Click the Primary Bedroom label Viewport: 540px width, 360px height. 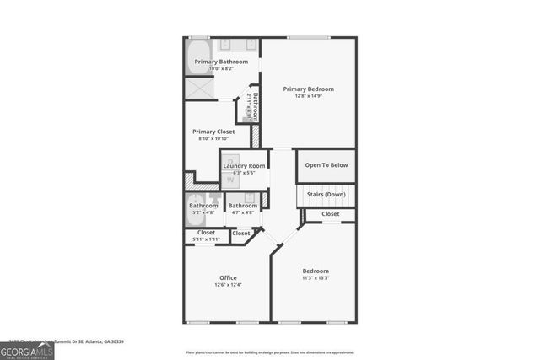click(309, 89)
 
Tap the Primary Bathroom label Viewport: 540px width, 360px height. click(221, 62)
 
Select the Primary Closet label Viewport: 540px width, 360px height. click(213, 132)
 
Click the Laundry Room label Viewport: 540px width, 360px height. click(245, 166)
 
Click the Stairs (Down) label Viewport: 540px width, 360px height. click(326, 194)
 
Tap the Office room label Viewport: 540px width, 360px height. click(228, 277)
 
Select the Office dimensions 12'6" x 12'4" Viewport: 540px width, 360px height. click(228, 285)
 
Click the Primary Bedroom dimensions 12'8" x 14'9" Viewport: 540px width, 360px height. click(309, 96)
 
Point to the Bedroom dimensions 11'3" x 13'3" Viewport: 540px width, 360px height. click(316, 278)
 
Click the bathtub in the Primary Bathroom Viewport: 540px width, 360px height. click(198, 56)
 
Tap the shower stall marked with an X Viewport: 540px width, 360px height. click(199, 88)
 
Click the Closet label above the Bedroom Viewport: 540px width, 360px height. click(331, 214)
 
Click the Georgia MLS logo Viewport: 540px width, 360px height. click(27, 351)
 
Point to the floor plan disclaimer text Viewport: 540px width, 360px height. click(270, 352)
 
